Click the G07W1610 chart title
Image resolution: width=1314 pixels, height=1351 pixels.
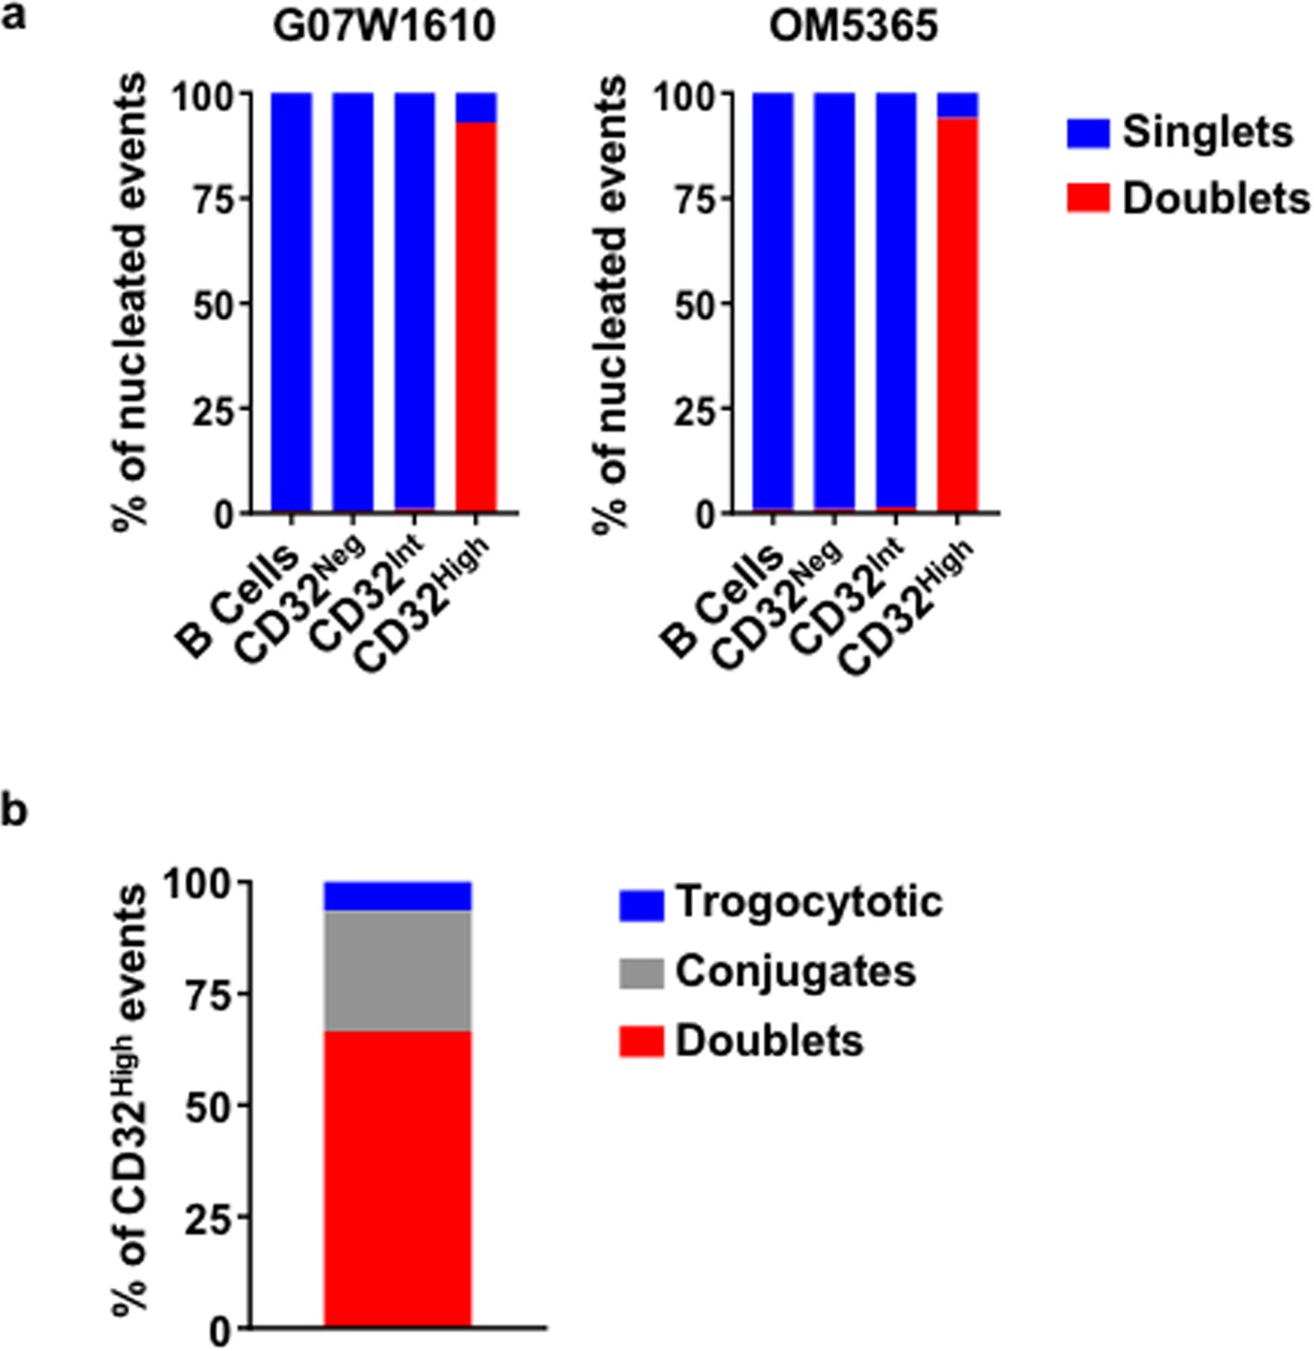(x=384, y=26)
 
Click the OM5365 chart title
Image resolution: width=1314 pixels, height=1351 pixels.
(x=854, y=26)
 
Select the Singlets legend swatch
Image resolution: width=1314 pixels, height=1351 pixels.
(x=1087, y=134)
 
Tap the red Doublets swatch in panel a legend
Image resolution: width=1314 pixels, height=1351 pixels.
(x=1087, y=199)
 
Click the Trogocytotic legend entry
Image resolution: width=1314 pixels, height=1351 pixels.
(x=807, y=902)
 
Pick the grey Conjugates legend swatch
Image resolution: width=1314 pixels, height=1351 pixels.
(x=641, y=973)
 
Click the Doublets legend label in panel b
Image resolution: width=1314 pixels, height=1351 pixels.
(x=768, y=1041)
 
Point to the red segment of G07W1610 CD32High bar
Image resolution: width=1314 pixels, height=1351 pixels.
(x=476, y=320)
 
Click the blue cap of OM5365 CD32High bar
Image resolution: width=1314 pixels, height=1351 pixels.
(x=957, y=105)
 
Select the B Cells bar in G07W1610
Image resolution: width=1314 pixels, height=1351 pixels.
(x=291, y=300)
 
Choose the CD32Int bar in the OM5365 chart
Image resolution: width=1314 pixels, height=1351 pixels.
(x=895, y=300)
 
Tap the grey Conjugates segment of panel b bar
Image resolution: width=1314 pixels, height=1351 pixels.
(x=397, y=971)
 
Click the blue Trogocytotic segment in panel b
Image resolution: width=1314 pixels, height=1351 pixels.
(x=397, y=896)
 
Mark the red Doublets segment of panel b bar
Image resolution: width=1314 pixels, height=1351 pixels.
(x=397, y=1178)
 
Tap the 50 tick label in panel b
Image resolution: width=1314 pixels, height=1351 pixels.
(x=207, y=1106)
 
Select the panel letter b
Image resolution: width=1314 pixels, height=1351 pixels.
(x=14, y=810)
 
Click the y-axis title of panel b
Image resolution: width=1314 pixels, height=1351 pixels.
(x=131, y=1100)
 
